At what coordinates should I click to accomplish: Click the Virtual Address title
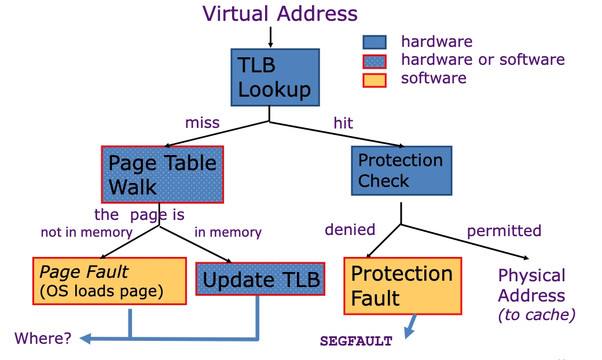pos(280,14)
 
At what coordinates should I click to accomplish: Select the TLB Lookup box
pos(274,78)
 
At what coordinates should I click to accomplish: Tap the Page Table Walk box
pos(162,174)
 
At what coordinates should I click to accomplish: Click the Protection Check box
pos(401,170)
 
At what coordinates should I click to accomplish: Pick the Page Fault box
pos(109,281)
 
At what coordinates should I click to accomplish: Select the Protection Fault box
pos(403,286)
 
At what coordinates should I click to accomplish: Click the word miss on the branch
pos(202,123)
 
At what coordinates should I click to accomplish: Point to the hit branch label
pos(343,123)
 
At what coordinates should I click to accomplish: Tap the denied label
pos(350,230)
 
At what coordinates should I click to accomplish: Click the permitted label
pos(504,231)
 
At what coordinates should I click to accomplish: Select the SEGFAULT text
pos(356,341)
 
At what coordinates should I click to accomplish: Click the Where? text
pos(43,339)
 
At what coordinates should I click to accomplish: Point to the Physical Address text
pos(531,285)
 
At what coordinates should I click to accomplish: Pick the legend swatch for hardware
pos(374,42)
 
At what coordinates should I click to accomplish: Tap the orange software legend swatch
pos(374,79)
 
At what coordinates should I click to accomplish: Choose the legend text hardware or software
pos(483,60)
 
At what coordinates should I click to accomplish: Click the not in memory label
pos(86,233)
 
